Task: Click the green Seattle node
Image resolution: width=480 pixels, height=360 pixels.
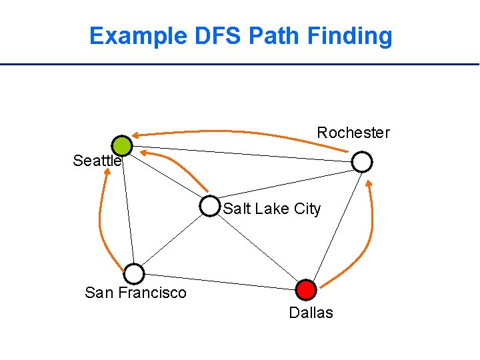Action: pos(122,145)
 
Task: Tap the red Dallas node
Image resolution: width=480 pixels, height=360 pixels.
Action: pos(305,289)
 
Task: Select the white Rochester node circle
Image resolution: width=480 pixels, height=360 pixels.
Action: pos(362,161)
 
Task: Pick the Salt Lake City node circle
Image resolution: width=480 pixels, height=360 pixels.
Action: pos(209,207)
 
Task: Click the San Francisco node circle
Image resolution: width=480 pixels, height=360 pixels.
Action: pos(135,273)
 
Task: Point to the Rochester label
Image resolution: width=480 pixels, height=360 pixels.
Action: pos(353,133)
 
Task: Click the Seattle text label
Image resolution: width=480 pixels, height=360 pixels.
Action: pos(97,161)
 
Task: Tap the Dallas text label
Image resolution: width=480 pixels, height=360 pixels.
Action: pos(311,313)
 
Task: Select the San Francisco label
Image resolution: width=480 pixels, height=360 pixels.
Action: pos(136,293)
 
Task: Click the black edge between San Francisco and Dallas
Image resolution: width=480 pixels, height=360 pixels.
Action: pos(220,281)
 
